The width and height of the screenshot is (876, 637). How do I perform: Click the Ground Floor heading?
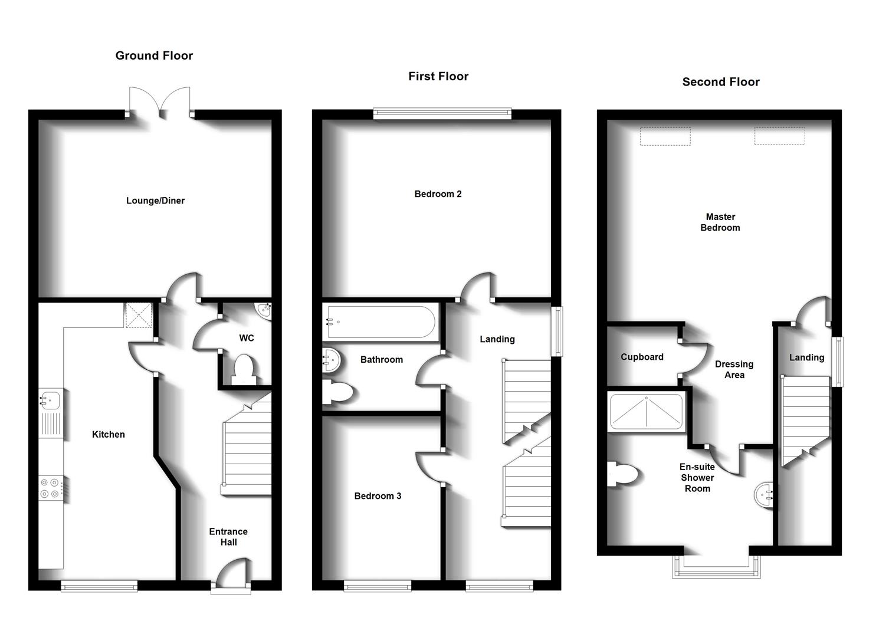154,55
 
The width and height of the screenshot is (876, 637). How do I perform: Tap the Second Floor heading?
720,82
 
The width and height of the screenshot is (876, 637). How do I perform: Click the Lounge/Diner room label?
155,201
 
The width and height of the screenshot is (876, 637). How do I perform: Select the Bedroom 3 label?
378,496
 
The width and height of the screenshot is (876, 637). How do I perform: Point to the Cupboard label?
642,357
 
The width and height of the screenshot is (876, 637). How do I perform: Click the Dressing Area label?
734,369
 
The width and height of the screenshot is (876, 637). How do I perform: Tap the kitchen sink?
50,401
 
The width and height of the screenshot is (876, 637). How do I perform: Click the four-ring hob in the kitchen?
50,488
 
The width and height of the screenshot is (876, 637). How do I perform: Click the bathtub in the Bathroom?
380,322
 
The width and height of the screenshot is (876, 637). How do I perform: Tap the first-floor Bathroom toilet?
337,392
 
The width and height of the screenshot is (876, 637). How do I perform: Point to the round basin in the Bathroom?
331,360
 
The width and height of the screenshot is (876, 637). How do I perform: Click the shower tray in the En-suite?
646,411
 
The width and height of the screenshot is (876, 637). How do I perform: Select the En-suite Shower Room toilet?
623,474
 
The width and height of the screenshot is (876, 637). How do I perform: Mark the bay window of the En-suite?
717,567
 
